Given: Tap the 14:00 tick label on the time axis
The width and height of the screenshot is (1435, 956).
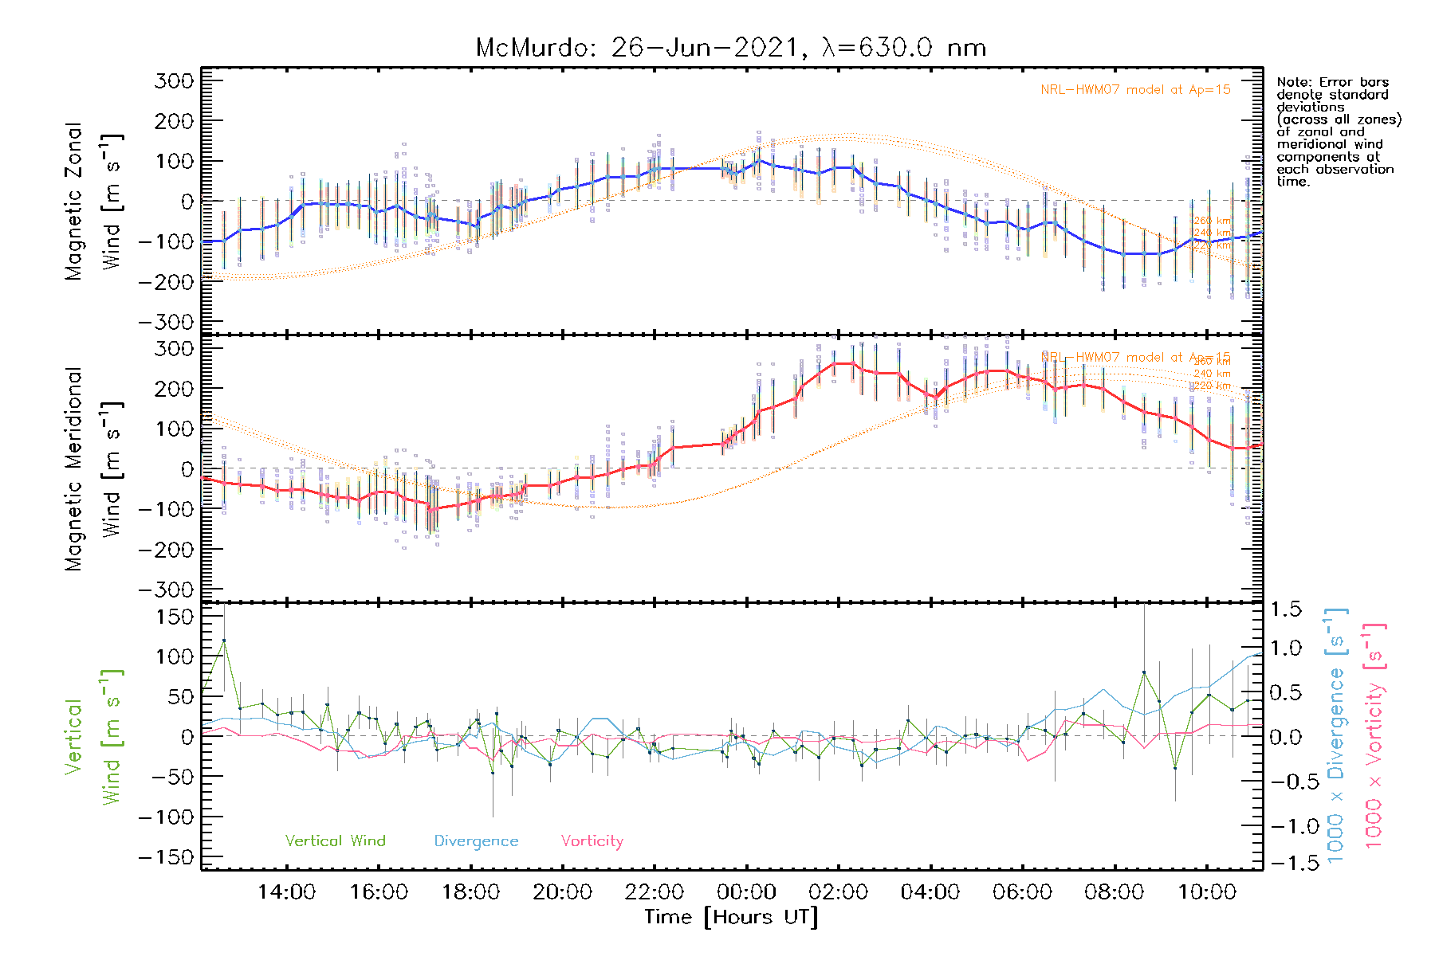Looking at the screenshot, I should [x=286, y=892].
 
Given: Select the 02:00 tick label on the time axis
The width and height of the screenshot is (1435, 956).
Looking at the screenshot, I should [x=838, y=892].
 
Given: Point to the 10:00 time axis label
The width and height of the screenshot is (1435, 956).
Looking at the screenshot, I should [x=1207, y=892].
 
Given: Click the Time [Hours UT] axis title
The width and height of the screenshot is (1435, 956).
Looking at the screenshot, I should [x=731, y=917].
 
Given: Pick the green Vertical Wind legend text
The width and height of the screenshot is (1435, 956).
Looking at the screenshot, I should [x=335, y=840].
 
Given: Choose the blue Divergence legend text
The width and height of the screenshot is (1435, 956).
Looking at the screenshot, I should [x=476, y=840].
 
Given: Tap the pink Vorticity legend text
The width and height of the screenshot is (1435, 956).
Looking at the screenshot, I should [x=592, y=840].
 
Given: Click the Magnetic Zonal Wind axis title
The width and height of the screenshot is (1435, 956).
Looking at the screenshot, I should [x=94, y=201].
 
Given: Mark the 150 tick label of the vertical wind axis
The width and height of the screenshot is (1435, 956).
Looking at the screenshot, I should [x=175, y=617].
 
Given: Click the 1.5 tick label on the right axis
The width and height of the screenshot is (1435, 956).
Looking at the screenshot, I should [x=1286, y=609].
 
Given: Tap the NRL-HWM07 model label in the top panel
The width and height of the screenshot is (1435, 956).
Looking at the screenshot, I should [x=1135, y=90].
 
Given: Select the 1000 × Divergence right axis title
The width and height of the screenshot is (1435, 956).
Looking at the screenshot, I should [x=1335, y=735].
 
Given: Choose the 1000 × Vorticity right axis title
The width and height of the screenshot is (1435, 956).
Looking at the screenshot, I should [x=1374, y=735].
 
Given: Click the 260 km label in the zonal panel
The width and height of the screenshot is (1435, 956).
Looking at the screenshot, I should [x=1212, y=221].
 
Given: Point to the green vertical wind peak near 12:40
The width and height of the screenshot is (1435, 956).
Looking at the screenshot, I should [x=224, y=640].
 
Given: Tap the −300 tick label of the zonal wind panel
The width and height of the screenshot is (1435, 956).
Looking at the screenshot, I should [x=166, y=322].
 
